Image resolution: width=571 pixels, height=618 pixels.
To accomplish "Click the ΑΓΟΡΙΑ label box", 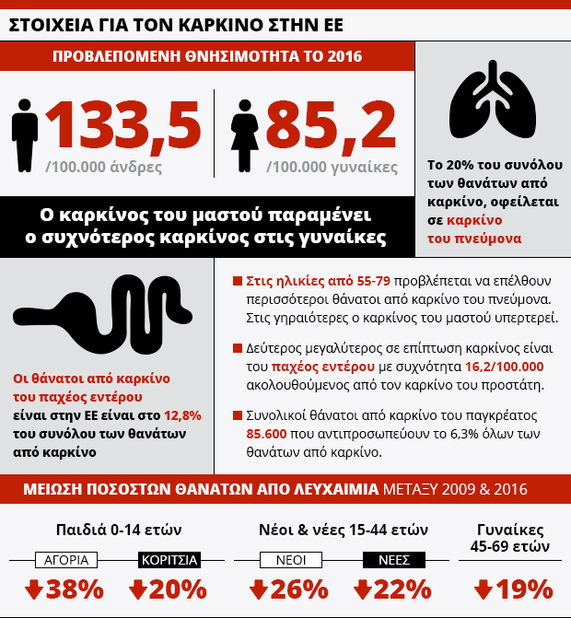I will point(65,559).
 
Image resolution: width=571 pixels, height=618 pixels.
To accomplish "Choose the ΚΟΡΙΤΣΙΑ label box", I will point(169,559).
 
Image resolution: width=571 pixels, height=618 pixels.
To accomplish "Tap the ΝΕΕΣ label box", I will point(388,559).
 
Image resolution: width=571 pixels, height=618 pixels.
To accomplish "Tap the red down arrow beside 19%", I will point(484,589).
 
